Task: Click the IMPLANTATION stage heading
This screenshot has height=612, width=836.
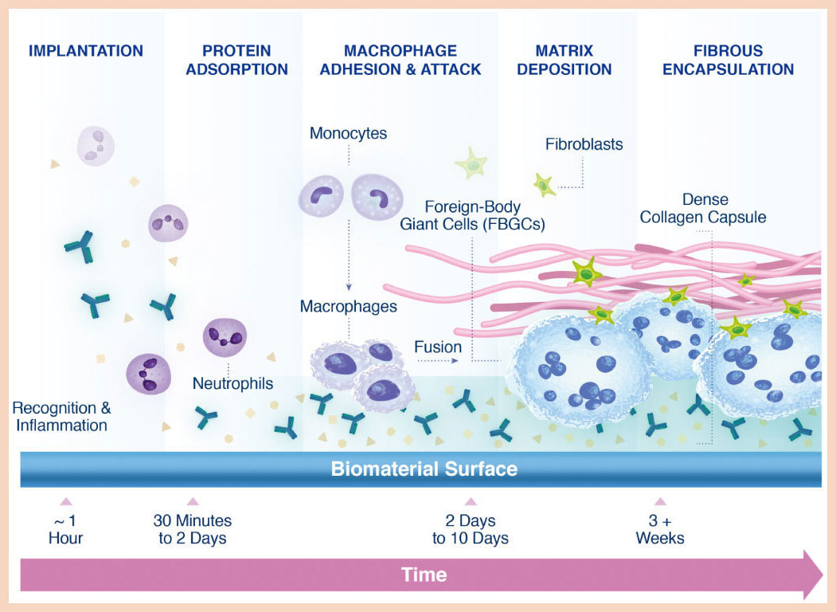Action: (86, 51)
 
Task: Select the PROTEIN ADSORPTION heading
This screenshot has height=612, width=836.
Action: (236, 60)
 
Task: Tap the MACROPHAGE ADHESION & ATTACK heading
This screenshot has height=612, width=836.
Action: (400, 60)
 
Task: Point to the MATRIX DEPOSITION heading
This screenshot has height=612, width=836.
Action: (564, 60)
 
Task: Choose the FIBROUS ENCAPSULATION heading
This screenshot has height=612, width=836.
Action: (728, 60)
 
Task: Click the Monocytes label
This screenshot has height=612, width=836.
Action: (348, 133)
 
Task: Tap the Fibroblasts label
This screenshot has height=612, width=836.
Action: (584, 145)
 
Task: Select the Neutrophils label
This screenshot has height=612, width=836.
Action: (232, 384)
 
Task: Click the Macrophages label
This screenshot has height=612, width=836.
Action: (348, 306)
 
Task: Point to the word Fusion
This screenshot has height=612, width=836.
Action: (437, 347)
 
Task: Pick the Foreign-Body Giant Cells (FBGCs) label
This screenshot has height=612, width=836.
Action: (472, 215)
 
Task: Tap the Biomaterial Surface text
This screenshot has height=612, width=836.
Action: (424, 469)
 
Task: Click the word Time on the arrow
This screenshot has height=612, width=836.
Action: (424, 575)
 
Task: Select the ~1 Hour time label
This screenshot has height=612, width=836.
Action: (65, 529)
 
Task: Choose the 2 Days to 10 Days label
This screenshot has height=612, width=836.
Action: (470, 529)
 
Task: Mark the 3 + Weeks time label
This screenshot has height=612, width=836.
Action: (659, 529)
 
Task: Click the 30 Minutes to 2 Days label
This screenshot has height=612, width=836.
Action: (192, 529)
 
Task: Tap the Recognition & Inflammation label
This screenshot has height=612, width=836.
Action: (61, 416)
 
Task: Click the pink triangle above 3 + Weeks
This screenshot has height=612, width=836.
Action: (659, 502)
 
